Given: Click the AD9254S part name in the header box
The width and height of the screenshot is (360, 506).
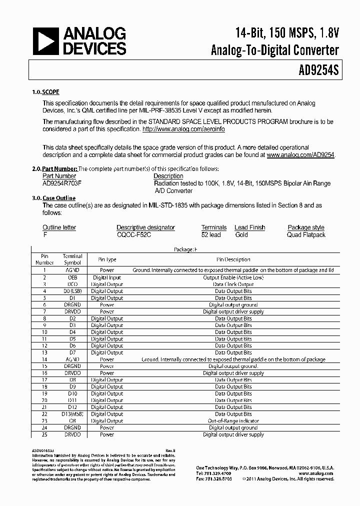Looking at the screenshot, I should [315, 70].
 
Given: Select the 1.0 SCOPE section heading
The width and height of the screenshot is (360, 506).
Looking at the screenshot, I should [45, 92].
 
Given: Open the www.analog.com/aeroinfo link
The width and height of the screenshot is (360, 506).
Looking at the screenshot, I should [183, 129].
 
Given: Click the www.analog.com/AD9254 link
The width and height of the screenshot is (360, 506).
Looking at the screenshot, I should [300, 155].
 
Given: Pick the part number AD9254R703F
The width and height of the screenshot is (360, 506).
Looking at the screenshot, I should [62, 183].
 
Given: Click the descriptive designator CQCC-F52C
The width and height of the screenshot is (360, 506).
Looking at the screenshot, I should [134, 234].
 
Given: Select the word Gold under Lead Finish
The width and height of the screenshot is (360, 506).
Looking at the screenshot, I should [241, 234].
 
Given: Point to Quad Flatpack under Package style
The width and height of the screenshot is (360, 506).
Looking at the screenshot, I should [306, 234].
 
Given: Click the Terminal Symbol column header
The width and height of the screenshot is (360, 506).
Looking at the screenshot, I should [72, 259].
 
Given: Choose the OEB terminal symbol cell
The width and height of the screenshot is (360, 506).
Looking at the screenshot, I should [72, 277].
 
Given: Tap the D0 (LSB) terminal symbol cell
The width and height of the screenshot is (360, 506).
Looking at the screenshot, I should [72, 291].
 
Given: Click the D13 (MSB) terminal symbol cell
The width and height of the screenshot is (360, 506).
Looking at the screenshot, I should [72, 414].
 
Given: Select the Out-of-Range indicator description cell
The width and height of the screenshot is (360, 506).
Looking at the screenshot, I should [233, 421].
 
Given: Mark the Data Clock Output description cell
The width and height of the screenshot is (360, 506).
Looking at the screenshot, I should [233, 284].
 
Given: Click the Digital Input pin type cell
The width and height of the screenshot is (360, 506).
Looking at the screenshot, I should [106, 277].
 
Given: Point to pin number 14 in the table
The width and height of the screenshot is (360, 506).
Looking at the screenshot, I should [44, 359].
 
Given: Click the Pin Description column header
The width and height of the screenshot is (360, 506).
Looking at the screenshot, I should [233, 259].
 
